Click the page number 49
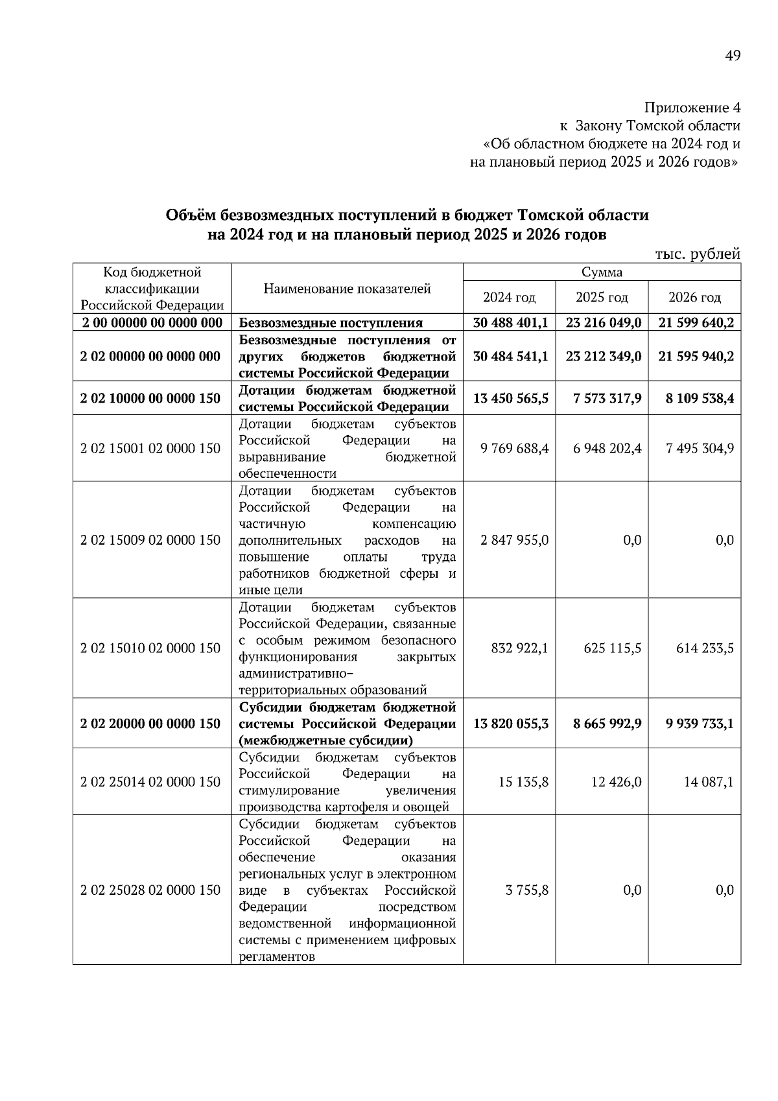(732, 56)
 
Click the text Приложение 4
(692, 107)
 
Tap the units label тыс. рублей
(698, 254)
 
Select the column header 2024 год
(509, 298)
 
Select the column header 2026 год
(694, 298)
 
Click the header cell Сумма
(601, 272)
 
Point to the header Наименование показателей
(347, 289)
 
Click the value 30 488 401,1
(510, 323)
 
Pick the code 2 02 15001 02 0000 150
(150, 448)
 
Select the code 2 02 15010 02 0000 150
(150, 648)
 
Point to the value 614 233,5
(704, 648)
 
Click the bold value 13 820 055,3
(510, 724)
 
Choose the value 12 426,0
(616, 782)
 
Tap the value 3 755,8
(526, 890)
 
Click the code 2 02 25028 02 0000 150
(150, 890)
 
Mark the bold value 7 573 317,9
(607, 398)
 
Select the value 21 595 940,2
(696, 357)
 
